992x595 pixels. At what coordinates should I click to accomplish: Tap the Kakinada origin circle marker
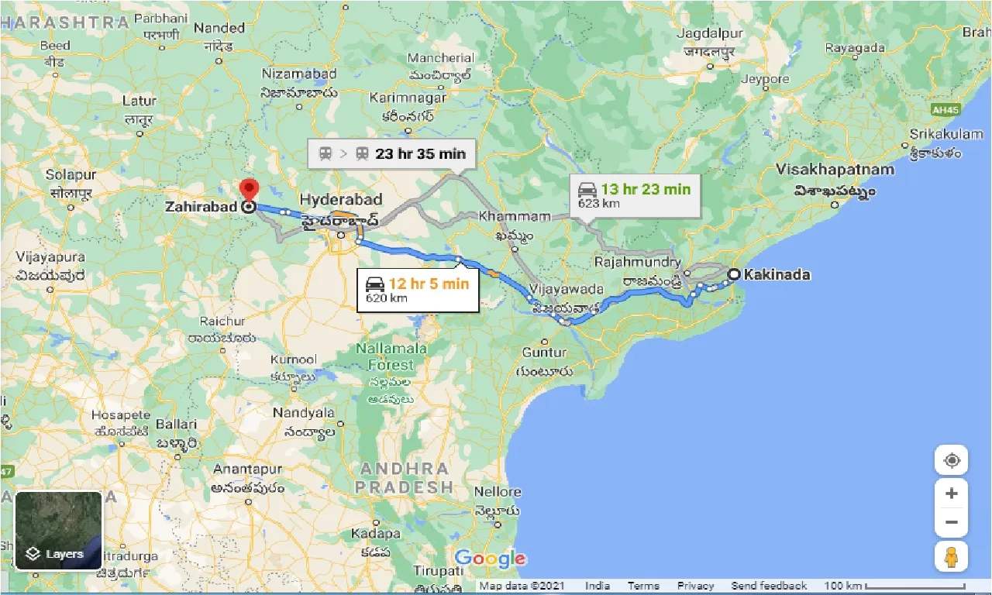coord(732,274)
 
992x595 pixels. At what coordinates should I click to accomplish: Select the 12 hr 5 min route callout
coord(418,290)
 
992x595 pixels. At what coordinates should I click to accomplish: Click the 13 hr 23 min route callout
coord(635,194)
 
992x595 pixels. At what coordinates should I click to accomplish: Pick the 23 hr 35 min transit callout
coord(392,153)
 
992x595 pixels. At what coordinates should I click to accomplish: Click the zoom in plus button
coord(952,494)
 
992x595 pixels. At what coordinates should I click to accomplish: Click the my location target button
coord(952,461)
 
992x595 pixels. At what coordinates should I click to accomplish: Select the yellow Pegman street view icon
coord(952,556)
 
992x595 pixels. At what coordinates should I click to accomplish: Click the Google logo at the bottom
coord(490,559)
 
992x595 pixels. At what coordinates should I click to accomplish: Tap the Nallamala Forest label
coord(391,356)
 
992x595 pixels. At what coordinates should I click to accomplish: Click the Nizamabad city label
coord(299,74)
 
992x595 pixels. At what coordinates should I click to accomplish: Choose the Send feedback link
coord(769,586)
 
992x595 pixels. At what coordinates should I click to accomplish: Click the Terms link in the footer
coord(643,586)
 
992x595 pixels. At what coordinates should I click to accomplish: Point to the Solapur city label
coord(70,175)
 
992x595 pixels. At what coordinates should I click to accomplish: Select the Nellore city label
coord(498,492)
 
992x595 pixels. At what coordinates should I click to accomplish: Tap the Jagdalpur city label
coord(710,34)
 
